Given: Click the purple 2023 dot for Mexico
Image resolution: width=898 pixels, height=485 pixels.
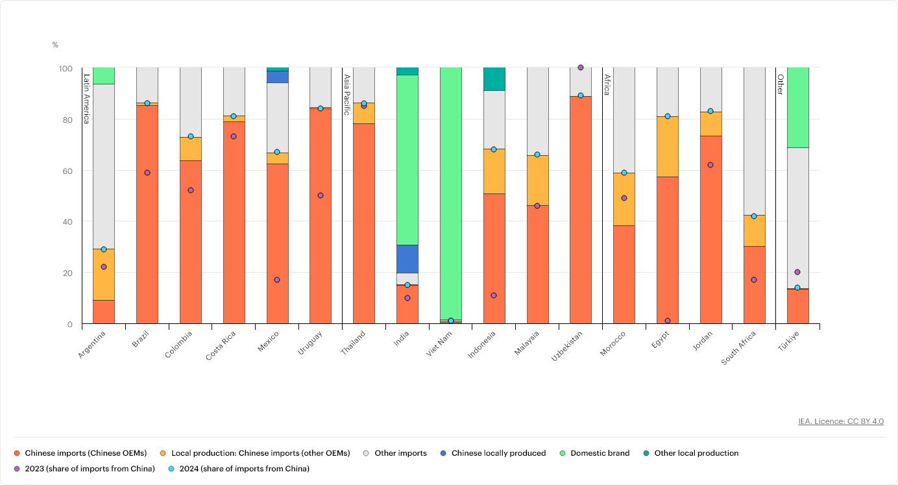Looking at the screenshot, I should (277, 280).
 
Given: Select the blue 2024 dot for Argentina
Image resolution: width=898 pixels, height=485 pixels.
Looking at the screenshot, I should (104, 249).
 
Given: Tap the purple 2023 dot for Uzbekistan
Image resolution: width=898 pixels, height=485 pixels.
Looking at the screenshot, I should (581, 68).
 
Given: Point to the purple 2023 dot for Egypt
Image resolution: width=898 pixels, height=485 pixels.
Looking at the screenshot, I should (668, 321).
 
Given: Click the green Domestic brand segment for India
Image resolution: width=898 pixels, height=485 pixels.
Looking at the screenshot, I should (407, 160).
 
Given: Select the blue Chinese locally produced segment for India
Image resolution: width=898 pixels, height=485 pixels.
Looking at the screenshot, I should (407, 258).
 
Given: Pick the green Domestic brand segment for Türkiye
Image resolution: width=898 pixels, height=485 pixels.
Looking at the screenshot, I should (797, 107).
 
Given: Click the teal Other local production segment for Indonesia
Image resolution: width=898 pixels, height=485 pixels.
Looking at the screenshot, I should (494, 79).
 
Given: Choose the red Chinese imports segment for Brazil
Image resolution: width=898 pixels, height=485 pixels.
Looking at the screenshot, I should (147, 214).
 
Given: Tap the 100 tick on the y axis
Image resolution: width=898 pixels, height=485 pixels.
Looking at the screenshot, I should (66, 68).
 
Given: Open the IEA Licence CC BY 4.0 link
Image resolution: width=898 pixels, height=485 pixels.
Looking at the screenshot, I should (841, 421).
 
